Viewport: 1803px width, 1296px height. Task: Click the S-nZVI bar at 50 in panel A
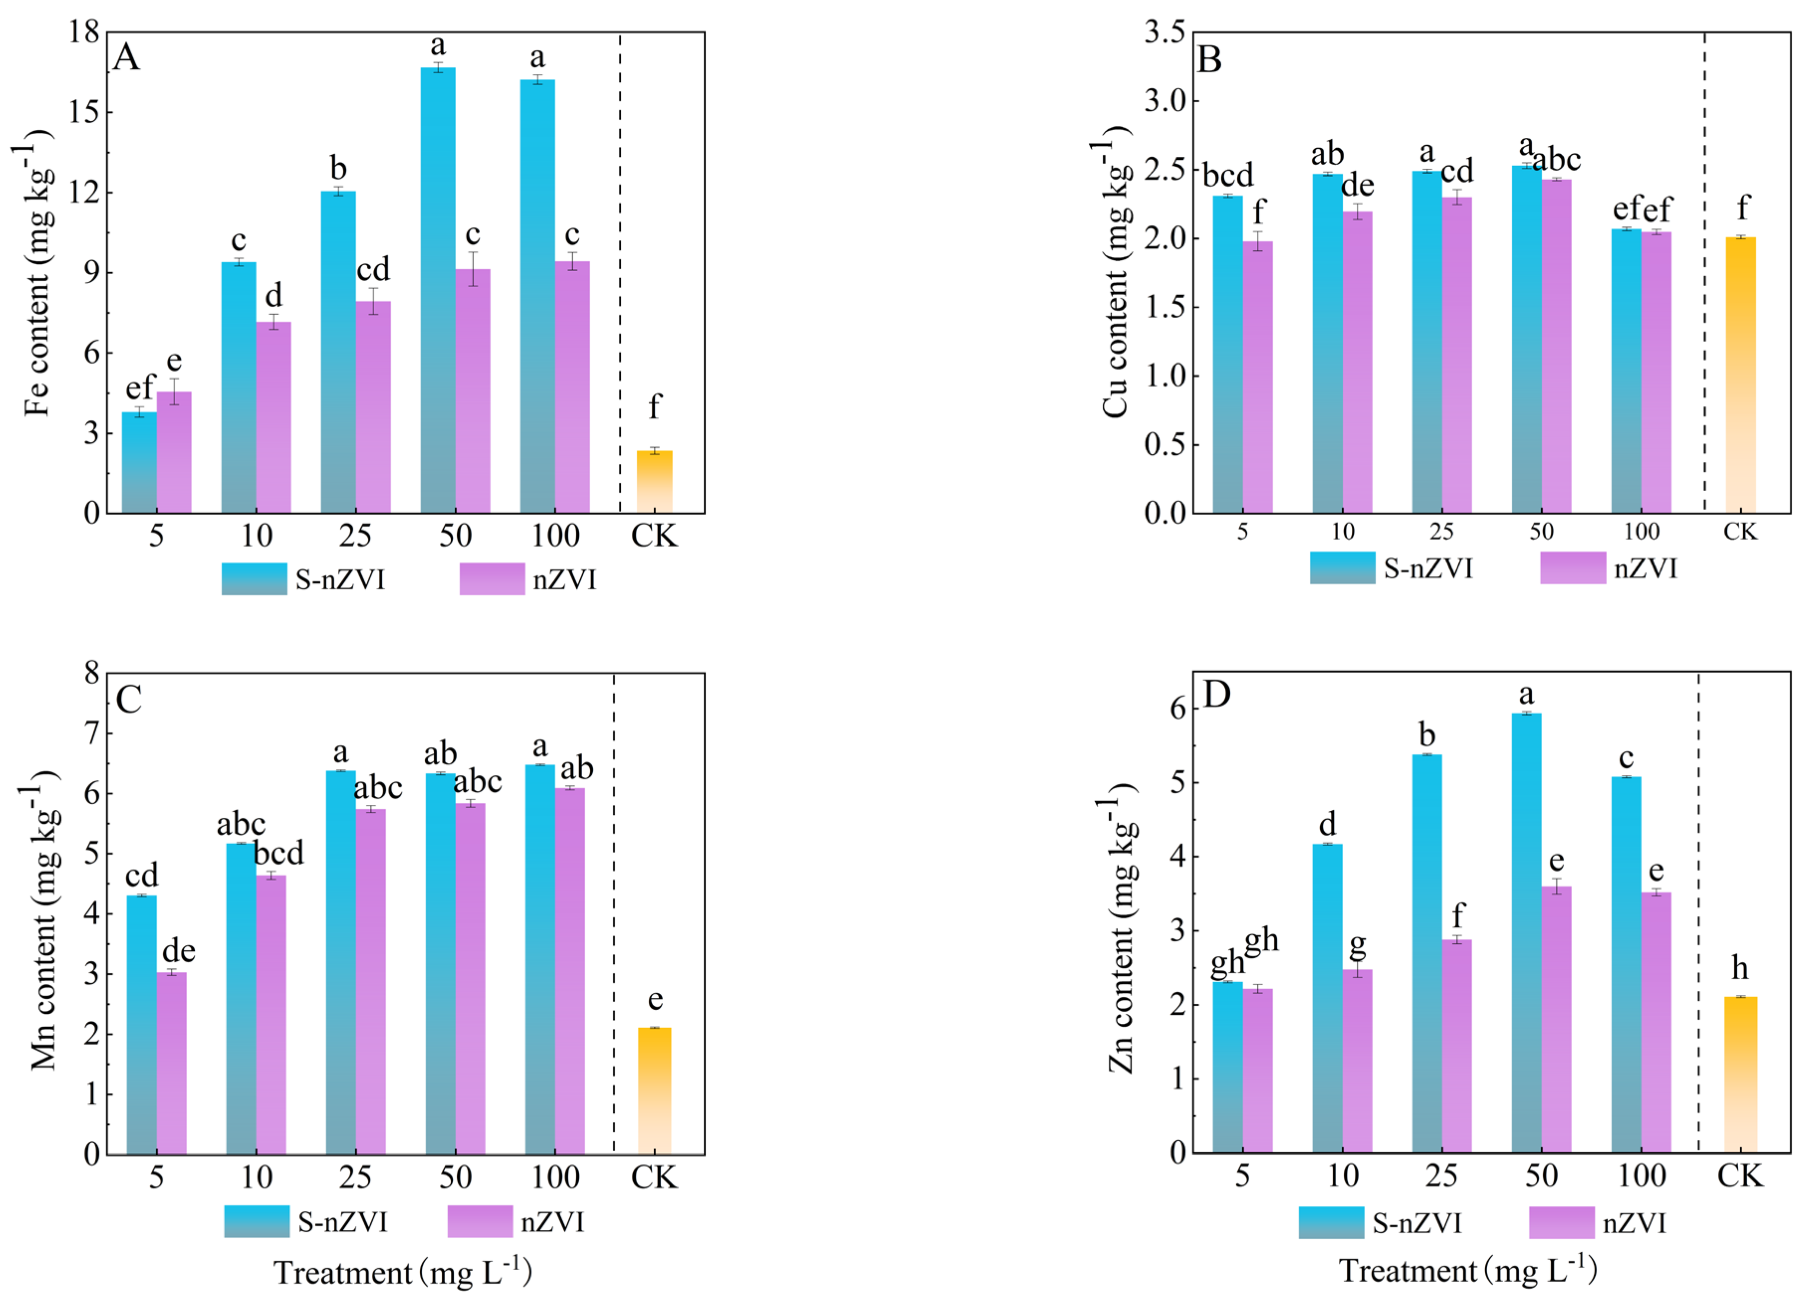[437, 290]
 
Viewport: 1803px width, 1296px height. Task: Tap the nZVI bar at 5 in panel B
[1258, 377]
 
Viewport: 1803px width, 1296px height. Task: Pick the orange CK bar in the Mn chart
[654, 1090]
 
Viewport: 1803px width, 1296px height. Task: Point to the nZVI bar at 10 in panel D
[1357, 1061]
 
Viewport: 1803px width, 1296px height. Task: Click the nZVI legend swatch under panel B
[1572, 568]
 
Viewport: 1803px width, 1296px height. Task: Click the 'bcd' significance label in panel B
[1228, 175]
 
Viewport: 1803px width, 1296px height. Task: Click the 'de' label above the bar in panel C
[178, 951]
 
